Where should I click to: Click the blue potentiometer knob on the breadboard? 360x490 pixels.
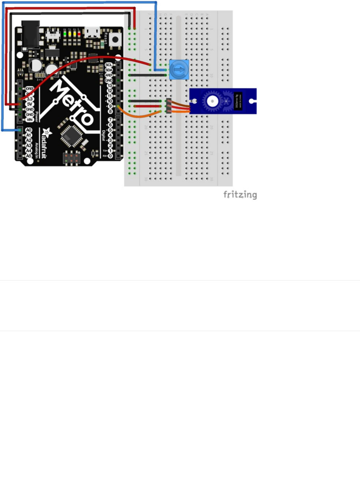click(x=179, y=69)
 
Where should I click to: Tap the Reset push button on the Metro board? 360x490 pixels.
click(x=115, y=39)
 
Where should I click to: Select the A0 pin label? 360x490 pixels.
click(x=29, y=130)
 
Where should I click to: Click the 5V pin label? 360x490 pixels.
click(x=30, y=104)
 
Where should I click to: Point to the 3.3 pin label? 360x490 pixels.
click(x=30, y=99)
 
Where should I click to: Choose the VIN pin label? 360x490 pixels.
click(x=30, y=120)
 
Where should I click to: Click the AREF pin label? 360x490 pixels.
click(x=109, y=75)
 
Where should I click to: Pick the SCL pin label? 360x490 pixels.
click(x=109, y=65)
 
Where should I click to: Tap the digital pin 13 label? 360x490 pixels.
click(x=110, y=86)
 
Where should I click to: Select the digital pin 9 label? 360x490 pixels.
click(x=110, y=106)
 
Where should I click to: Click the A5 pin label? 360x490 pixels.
click(x=29, y=156)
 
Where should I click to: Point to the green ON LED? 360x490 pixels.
click(x=65, y=34)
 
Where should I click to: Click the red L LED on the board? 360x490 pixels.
click(x=79, y=34)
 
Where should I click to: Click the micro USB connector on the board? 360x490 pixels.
click(x=92, y=32)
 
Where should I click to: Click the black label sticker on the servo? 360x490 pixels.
click(x=239, y=101)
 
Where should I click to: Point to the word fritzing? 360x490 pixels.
click(x=240, y=195)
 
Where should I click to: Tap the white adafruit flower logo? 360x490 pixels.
click(x=47, y=133)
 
